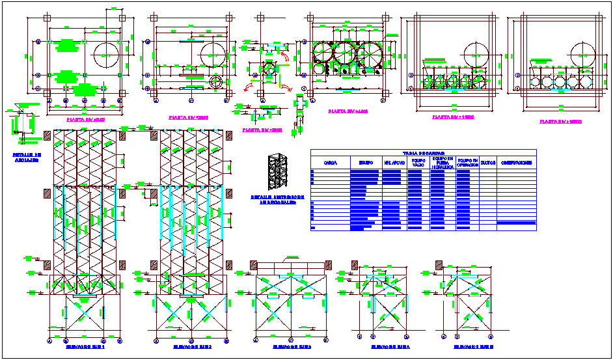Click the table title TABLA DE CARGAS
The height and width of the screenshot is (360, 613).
click(423, 153)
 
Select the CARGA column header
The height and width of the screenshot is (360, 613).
click(330, 163)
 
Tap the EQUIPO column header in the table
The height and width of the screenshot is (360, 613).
click(365, 163)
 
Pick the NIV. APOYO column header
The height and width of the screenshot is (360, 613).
click(395, 163)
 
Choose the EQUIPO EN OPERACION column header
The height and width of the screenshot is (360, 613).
click(467, 163)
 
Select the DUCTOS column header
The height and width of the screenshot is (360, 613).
click(487, 163)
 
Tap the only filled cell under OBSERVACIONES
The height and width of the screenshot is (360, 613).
click(516, 223)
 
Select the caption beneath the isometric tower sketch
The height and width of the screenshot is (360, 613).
click(277, 199)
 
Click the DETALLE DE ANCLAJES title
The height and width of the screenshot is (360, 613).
click(27, 156)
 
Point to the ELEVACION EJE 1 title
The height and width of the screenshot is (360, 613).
click(86, 347)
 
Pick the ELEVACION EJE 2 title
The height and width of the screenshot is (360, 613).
click(192, 347)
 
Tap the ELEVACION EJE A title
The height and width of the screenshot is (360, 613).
click(381, 347)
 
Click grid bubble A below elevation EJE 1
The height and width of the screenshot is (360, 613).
click(50, 340)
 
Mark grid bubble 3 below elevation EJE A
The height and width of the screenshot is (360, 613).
click(406, 337)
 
